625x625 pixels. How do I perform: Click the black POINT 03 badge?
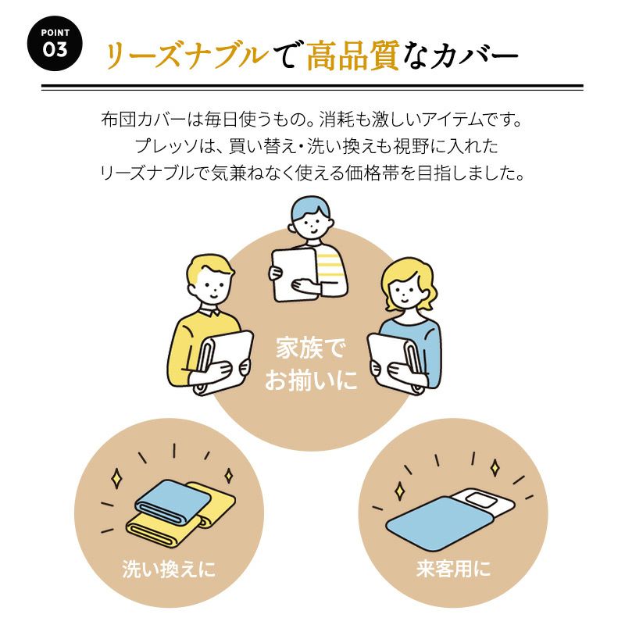[55, 44]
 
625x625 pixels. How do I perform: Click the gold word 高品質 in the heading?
[353, 55]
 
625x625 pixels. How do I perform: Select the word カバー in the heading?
[473, 55]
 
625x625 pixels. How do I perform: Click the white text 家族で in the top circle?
[310, 348]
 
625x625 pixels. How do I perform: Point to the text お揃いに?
[311, 380]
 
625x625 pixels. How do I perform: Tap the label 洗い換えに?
[169, 569]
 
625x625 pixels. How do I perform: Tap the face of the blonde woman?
[405, 290]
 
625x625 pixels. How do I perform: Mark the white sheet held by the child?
[295, 274]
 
